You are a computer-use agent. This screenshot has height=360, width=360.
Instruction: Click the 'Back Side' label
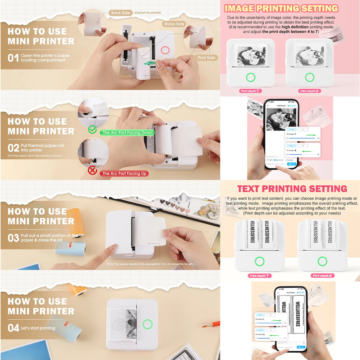click(x=121, y=13)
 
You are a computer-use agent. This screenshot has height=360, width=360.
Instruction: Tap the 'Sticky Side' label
click(x=174, y=24)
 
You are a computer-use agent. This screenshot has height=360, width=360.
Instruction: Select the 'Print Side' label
click(x=206, y=57)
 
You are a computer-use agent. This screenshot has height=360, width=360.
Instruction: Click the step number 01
click(x=13, y=58)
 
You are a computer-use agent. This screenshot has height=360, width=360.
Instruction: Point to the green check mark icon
click(x=92, y=130)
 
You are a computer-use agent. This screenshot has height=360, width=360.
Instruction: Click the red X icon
click(x=92, y=171)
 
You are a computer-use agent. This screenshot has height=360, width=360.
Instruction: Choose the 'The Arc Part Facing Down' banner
click(x=128, y=133)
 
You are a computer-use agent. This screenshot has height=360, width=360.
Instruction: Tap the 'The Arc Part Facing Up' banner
click(x=124, y=173)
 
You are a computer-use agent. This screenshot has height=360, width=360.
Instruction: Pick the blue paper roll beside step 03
click(x=71, y=248)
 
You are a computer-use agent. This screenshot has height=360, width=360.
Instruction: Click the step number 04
click(x=13, y=328)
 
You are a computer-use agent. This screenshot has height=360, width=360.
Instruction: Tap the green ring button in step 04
click(x=148, y=324)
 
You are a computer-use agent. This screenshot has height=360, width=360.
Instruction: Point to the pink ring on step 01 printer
click(x=165, y=50)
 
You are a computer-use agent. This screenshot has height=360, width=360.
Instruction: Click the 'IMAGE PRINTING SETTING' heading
click(x=281, y=8)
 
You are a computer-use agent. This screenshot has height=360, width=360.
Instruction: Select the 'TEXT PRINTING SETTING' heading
click(x=292, y=189)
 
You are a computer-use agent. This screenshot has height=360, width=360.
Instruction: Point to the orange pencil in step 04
click(x=211, y=324)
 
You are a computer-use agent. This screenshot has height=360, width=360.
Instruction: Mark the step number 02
click(x=13, y=148)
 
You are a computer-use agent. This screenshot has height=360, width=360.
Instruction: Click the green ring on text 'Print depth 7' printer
click(x=259, y=261)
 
